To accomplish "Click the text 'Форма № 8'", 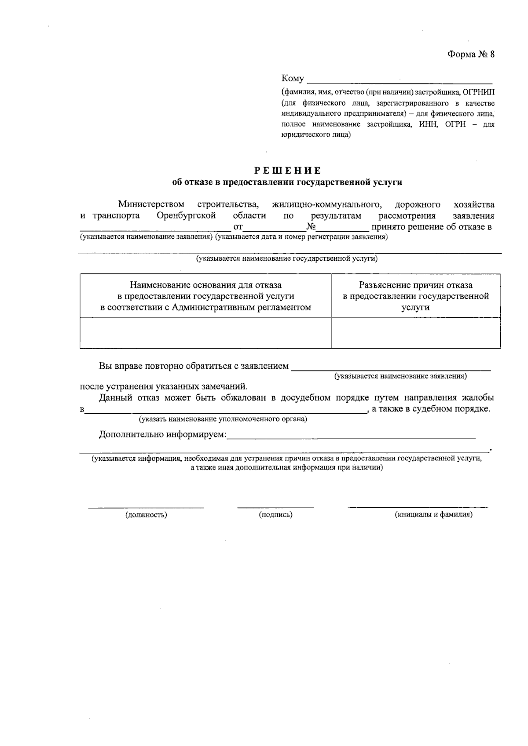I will [x=471, y=55].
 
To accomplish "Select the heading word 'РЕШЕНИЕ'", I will [x=288, y=171].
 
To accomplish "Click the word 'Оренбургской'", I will [x=186, y=216].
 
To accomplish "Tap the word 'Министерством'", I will [x=151, y=204].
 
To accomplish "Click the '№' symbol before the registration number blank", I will [x=312, y=227].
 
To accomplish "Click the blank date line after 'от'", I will [x=274, y=229].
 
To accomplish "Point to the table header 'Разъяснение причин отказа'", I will [x=415, y=285].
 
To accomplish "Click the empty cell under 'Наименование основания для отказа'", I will [x=205, y=333].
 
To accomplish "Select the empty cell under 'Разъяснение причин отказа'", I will [x=415, y=333].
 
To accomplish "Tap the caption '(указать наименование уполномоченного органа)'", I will [x=223, y=419].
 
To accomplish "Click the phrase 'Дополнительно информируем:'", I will [x=162, y=435].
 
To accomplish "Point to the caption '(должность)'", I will [x=146, y=515].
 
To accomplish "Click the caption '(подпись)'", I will [x=275, y=515].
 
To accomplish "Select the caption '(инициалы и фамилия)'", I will [x=433, y=515].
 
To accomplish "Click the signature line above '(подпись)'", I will [x=275, y=507].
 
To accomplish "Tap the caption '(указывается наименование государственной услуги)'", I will [x=286, y=259].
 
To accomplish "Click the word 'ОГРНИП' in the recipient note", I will [x=479, y=92].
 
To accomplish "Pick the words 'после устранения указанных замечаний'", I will [x=164, y=387].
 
